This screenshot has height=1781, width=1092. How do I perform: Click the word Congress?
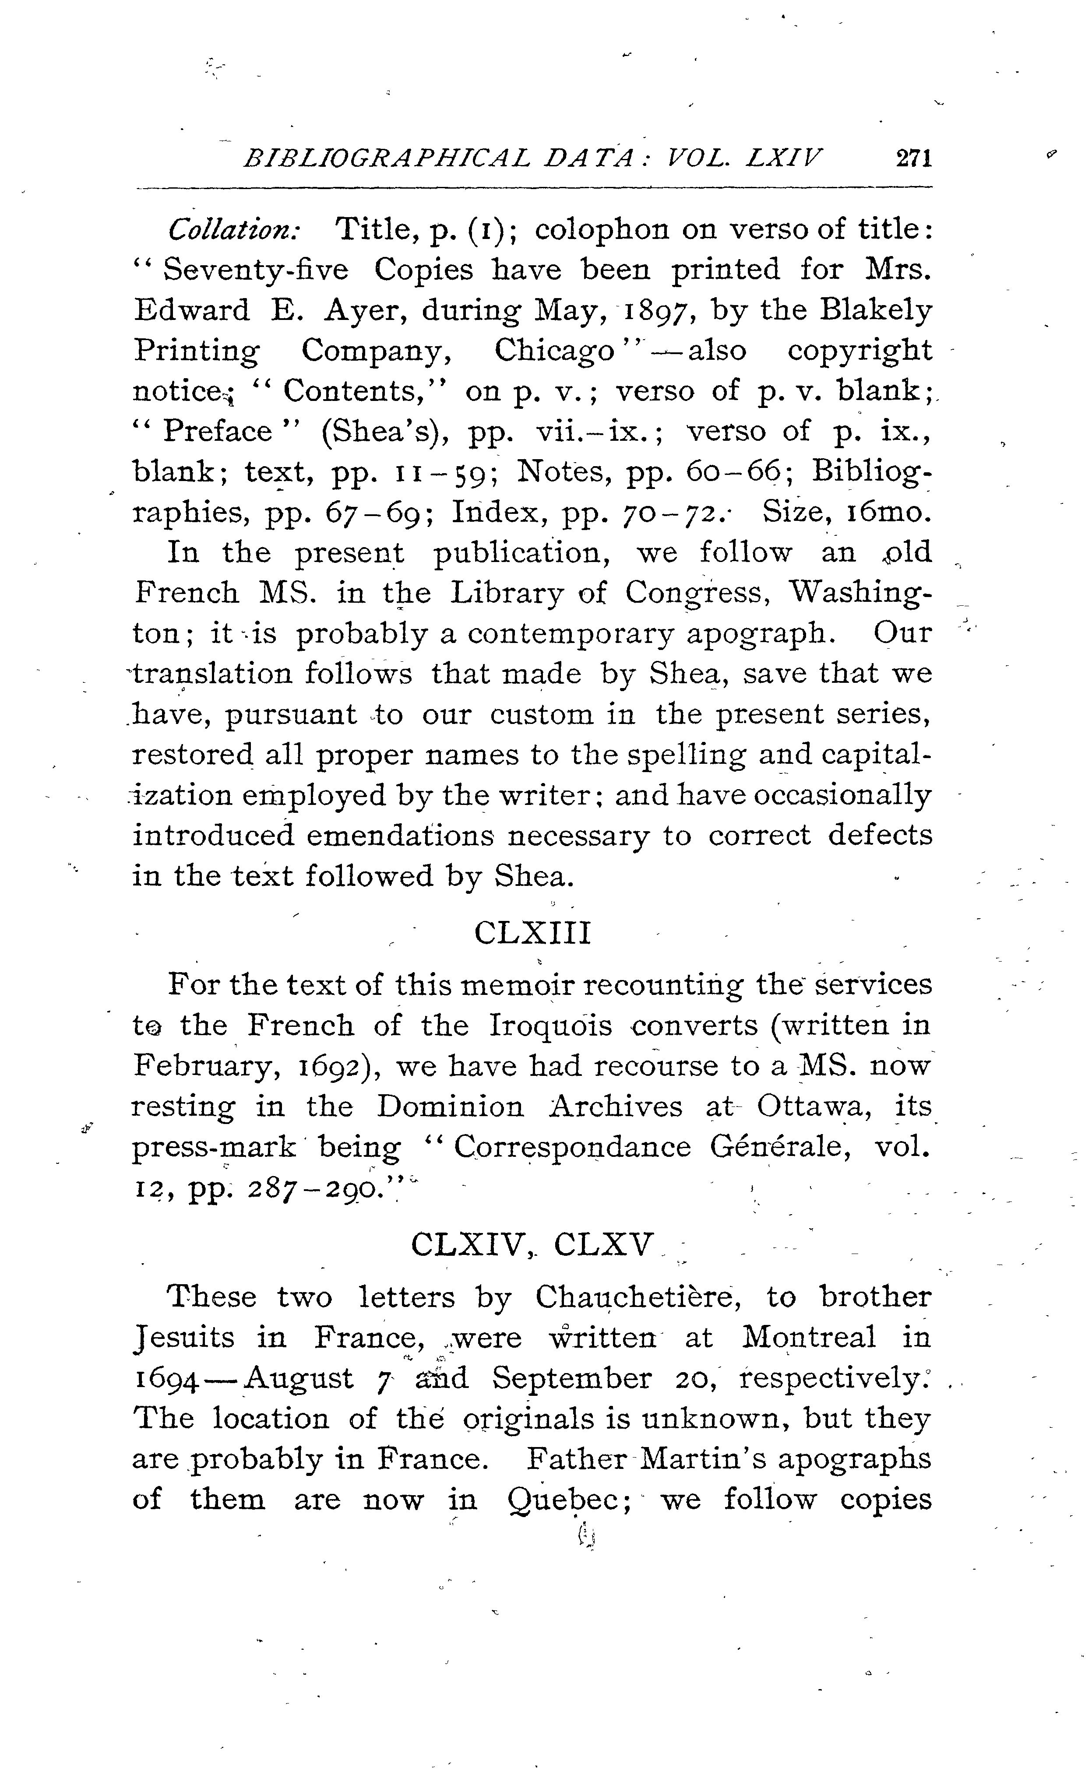(694, 594)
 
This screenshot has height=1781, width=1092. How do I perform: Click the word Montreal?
(809, 1338)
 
